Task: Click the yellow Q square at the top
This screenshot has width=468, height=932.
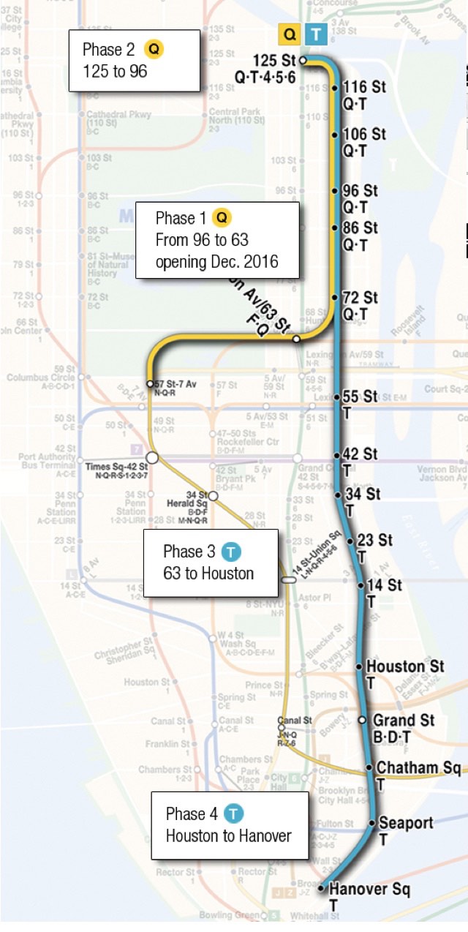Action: point(290,34)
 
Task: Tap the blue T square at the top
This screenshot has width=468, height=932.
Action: point(316,34)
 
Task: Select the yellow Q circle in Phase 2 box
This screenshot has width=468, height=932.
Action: point(154,50)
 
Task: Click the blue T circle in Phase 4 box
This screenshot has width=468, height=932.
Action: point(233,813)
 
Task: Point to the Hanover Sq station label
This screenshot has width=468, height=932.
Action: point(369,890)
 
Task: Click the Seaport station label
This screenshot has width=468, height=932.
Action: point(406,823)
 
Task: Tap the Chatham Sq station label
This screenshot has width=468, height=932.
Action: point(418,768)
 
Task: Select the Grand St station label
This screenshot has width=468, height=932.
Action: point(404,721)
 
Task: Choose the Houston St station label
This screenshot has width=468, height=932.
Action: point(405,666)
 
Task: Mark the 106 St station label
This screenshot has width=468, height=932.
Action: point(364,135)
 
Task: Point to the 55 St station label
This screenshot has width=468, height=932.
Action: point(360,397)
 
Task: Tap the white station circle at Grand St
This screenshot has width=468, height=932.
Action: point(361,721)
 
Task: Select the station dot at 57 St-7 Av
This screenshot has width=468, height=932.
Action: point(150,383)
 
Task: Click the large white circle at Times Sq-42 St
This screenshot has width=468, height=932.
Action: point(152,458)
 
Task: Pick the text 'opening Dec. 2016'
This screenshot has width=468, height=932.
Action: point(216,261)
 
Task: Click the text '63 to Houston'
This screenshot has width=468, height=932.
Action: point(208,573)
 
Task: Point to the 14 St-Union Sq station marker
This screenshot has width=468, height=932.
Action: point(289,579)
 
